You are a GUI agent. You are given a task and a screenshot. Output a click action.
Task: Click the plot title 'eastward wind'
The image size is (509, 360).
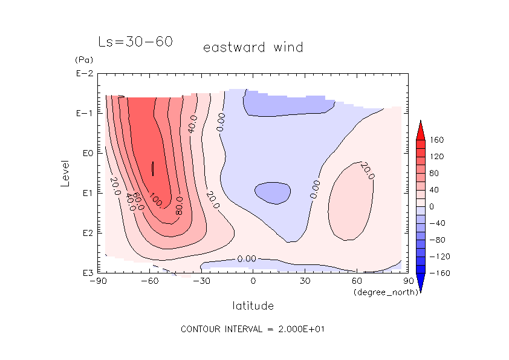coord(253,47)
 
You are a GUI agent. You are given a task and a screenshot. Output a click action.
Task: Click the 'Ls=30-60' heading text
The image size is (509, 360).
coord(135,42)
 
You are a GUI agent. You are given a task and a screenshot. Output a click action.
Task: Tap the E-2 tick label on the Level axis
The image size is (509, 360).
coord(84,74)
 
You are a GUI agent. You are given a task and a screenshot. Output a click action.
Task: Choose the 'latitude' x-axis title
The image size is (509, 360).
coord(253,306)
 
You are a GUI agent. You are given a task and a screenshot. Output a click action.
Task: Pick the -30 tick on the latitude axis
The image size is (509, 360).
coord(201,281)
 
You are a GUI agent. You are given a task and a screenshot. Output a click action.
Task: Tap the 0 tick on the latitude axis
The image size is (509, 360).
coord(253,281)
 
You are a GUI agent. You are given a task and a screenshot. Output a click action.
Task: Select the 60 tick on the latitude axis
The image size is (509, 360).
coord(357,281)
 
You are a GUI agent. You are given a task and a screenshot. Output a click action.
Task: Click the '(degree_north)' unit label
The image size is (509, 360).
coord(380,292)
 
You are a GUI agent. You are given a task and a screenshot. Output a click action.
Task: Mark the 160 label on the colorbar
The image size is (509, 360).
coord(437,140)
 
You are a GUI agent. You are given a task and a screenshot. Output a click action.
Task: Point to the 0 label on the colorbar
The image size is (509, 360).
coord(432,206)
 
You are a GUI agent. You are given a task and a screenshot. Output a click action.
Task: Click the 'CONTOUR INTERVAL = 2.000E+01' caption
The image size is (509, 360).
coord(254,329)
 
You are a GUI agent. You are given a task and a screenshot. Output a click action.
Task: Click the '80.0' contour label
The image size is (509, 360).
coord(180,206)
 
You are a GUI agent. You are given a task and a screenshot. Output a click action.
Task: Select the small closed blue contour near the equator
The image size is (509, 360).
coord(272,192)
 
